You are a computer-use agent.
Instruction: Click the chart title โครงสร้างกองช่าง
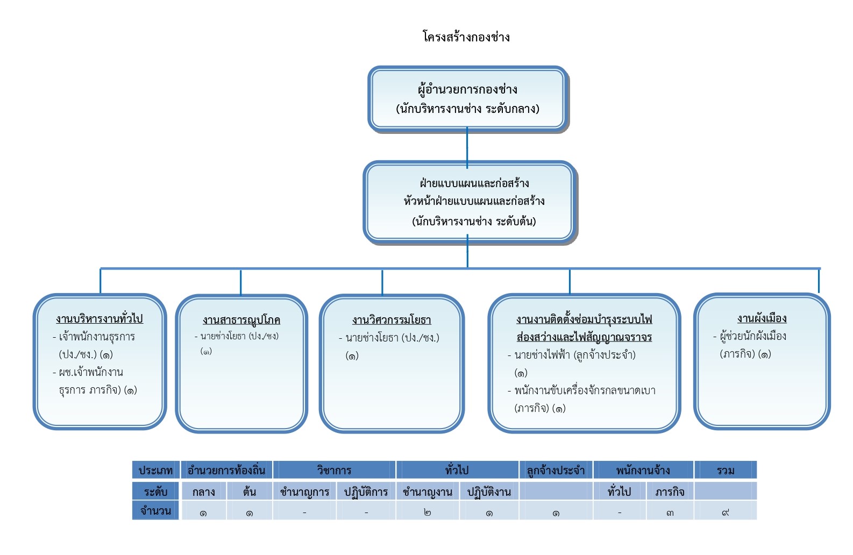point(466,37)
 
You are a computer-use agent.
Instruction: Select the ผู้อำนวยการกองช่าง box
point(467,98)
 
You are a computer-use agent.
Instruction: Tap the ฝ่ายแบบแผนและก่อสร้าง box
point(469,202)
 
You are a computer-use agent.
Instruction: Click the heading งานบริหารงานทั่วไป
point(99,318)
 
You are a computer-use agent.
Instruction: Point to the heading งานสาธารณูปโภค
point(241,320)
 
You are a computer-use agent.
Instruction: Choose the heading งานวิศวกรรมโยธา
point(392,320)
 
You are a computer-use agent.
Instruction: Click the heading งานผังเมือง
point(762,318)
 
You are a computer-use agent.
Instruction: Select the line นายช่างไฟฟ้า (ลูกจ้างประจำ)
point(574,355)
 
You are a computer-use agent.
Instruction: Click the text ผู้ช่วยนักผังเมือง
point(752,336)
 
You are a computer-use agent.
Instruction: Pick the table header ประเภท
point(155,471)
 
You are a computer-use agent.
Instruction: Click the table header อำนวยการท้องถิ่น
point(226,471)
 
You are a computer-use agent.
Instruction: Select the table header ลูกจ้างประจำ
point(556,471)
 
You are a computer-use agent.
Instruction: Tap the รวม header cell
point(725,471)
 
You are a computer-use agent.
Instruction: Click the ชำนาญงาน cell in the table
point(428,492)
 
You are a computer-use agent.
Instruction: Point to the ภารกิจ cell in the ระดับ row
point(670,492)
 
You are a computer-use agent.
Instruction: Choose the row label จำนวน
point(155,511)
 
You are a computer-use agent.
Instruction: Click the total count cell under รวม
point(725,513)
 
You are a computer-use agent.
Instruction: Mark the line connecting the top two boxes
point(467,146)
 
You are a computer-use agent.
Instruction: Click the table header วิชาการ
point(334,471)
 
